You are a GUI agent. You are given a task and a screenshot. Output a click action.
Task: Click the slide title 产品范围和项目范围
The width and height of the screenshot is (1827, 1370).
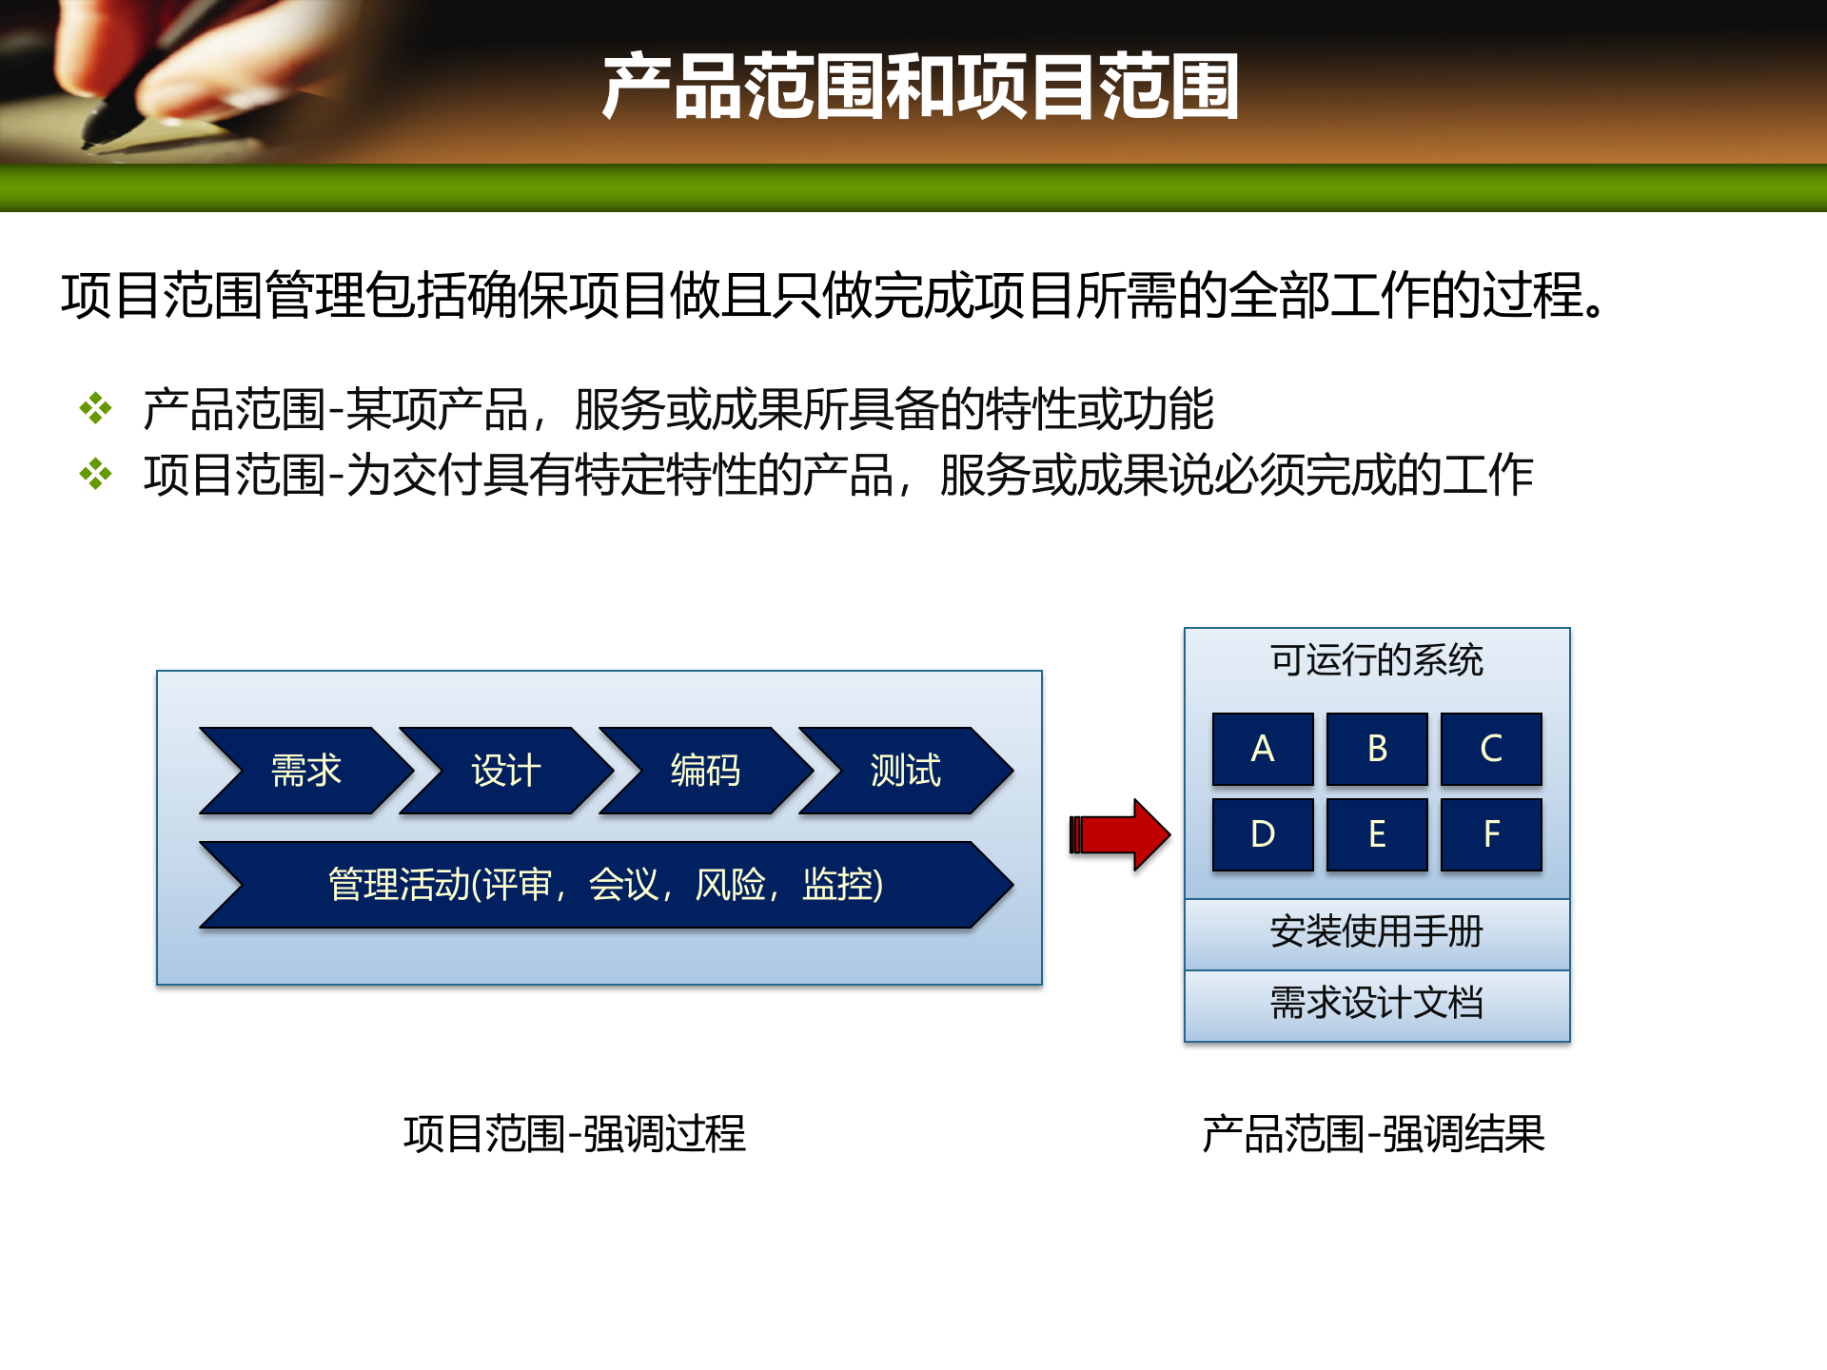click(919, 87)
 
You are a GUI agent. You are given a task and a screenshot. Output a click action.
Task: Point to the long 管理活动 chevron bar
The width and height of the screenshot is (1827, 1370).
click(605, 884)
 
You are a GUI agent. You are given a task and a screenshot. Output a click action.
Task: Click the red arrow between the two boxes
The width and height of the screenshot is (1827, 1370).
click(1120, 834)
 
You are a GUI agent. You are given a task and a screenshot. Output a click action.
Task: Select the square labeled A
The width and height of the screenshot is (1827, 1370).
click(1263, 749)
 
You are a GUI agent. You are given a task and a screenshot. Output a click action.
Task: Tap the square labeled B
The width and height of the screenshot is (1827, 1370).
click(1377, 749)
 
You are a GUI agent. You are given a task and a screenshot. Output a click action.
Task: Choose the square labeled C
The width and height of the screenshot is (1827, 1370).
click(1491, 749)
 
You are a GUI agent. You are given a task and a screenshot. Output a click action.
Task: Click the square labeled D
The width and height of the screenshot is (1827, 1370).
click(1263, 834)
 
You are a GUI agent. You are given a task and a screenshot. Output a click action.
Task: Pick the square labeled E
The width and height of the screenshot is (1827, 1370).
click(1377, 834)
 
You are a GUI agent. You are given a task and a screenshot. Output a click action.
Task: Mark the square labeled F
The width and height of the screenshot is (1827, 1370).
click(1491, 834)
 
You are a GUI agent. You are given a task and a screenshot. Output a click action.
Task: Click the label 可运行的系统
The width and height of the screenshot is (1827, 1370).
click(1376, 660)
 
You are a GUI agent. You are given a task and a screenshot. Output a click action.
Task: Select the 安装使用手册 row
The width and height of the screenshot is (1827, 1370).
click(1376, 932)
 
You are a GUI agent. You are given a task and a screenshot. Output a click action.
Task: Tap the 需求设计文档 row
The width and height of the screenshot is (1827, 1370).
click(1376, 1004)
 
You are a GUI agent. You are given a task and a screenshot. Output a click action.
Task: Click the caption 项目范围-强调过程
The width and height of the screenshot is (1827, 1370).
click(575, 1133)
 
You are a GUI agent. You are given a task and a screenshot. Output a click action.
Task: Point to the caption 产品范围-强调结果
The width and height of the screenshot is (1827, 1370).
click(1373, 1133)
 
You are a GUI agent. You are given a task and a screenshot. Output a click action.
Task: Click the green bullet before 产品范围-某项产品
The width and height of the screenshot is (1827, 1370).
click(96, 408)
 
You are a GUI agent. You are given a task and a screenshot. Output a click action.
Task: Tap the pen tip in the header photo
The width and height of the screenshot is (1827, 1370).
click(91, 143)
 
